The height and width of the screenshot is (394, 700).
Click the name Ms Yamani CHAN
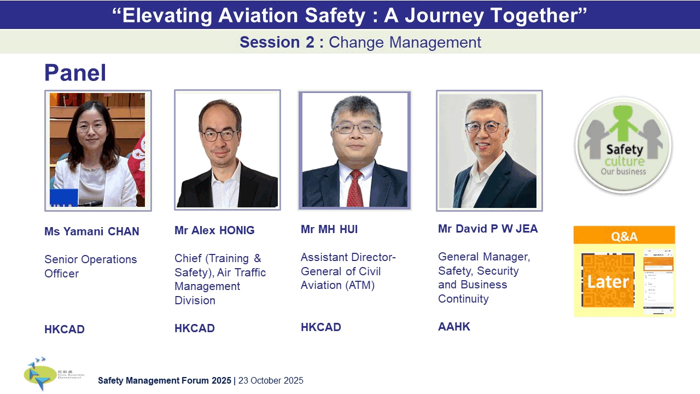[x=92, y=231]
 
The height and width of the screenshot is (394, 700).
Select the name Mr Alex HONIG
[x=214, y=230]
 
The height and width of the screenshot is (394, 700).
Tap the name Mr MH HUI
[x=329, y=229]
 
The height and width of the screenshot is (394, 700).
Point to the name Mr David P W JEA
[x=488, y=229]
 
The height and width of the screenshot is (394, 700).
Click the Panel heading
[x=75, y=73]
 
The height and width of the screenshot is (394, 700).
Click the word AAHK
[x=454, y=327]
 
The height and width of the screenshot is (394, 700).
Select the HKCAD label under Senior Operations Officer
[x=65, y=329]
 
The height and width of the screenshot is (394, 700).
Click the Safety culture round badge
[x=623, y=146]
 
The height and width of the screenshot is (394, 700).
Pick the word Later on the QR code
[x=608, y=282]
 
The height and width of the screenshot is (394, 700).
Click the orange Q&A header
[x=624, y=236]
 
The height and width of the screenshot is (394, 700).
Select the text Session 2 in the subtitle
[x=277, y=42]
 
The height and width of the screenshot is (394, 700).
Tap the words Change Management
[x=405, y=42]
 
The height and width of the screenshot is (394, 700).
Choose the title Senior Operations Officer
[x=90, y=266]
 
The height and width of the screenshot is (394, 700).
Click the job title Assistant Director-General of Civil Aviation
[x=348, y=271]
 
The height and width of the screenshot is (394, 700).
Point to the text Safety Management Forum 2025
[x=165, y=381]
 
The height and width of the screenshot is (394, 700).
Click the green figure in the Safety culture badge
[x=623, y=123]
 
